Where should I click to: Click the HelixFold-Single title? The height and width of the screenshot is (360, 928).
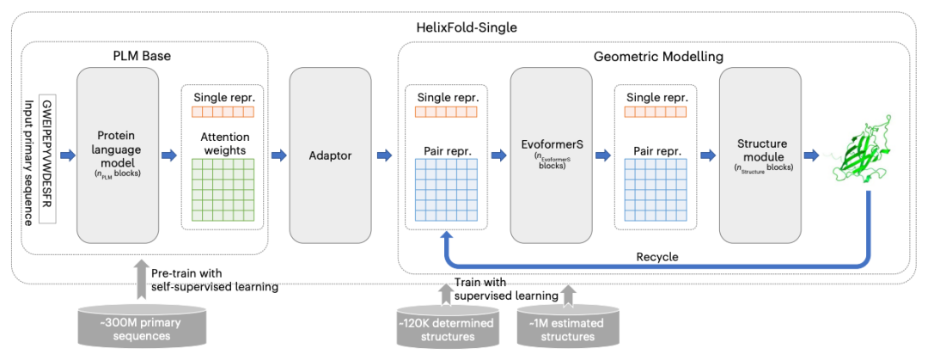tap(463, 27)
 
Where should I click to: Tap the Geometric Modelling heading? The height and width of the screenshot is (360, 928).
tap(658, 57)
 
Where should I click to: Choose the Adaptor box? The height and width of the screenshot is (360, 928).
tap(331, 156)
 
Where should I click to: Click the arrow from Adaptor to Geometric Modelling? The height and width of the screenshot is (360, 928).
tap(383, 156)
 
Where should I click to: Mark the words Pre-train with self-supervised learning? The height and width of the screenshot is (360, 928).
tap(214, 280)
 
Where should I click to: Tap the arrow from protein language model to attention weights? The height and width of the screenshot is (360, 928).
tap(169, 156)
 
